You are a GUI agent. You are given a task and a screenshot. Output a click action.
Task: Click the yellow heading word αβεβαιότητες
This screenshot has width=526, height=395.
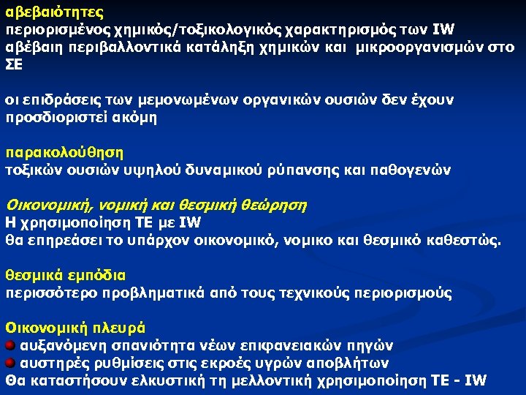point(54,12)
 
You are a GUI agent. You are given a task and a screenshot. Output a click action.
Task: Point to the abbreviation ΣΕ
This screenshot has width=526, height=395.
point(15,64)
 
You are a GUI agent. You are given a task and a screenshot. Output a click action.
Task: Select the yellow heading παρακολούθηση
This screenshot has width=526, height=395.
point(65,153)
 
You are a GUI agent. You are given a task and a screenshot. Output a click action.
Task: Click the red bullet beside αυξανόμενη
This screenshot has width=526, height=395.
point(10,345)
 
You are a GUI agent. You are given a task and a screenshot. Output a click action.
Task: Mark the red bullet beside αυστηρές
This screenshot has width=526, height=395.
point(10,363)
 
